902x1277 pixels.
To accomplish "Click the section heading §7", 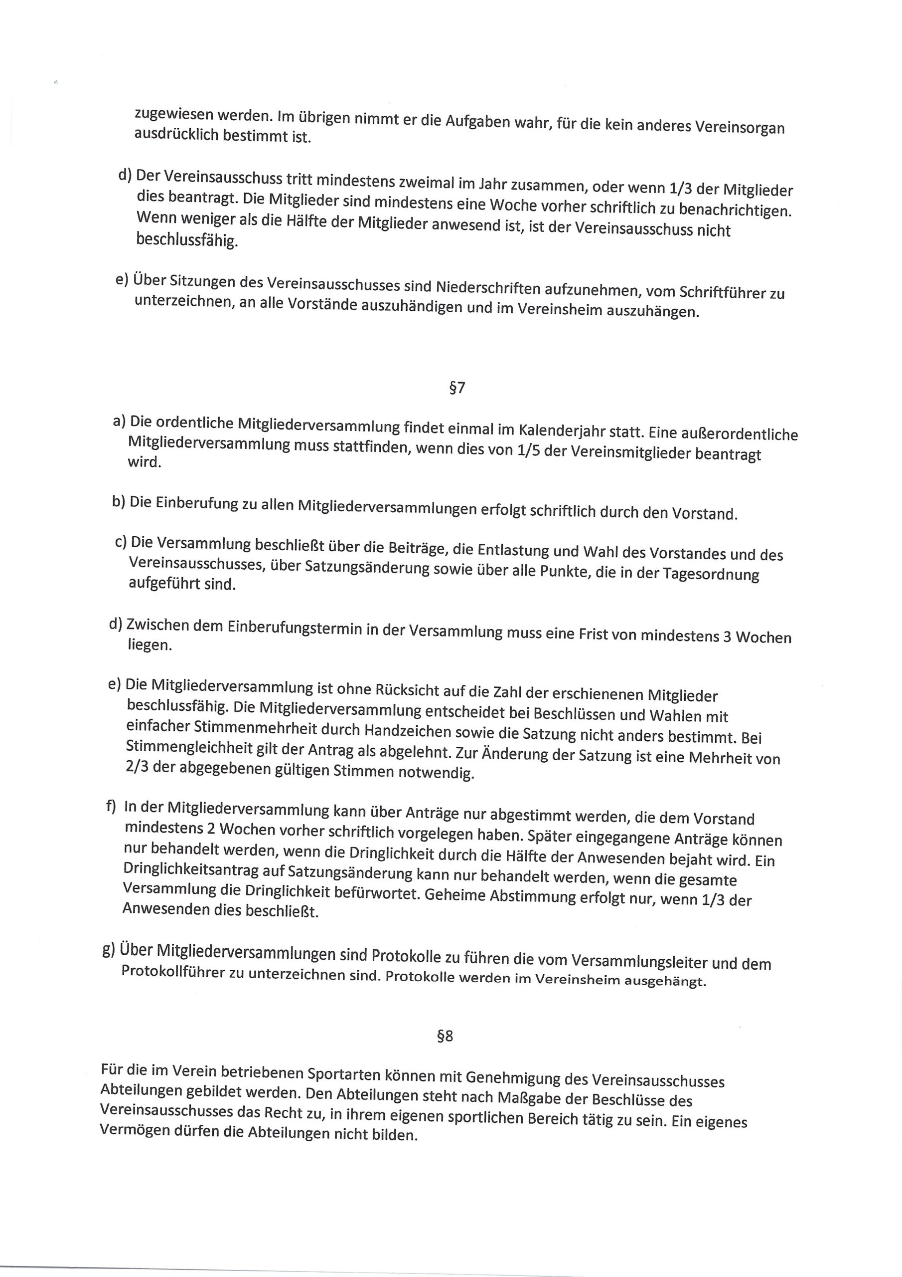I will click(x=456, y=387).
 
